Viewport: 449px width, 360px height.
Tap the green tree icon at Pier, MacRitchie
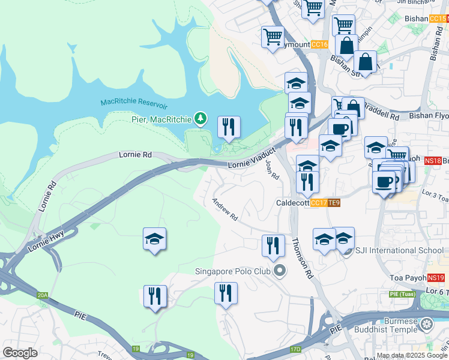click(x=200, y=119)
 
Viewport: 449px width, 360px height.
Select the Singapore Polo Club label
click(x=233, y=271)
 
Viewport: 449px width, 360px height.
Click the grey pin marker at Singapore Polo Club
click(x=279, y=272)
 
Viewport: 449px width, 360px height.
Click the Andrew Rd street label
click(x=225, y=209)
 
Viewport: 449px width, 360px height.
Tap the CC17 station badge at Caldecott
click(x=319, y=203)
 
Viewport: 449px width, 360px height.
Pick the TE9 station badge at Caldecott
click(x=334, y=203)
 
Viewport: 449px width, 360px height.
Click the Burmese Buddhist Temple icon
click(x=427, y=325)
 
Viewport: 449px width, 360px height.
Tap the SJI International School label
click(x=391, y=250)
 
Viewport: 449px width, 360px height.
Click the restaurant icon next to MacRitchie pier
click(x=229, y=127)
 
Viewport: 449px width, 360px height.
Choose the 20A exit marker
click(x=41, y=295)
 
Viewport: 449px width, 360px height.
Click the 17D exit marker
click(x=295, y=349)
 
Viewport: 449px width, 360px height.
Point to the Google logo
click(x=20, y=353)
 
